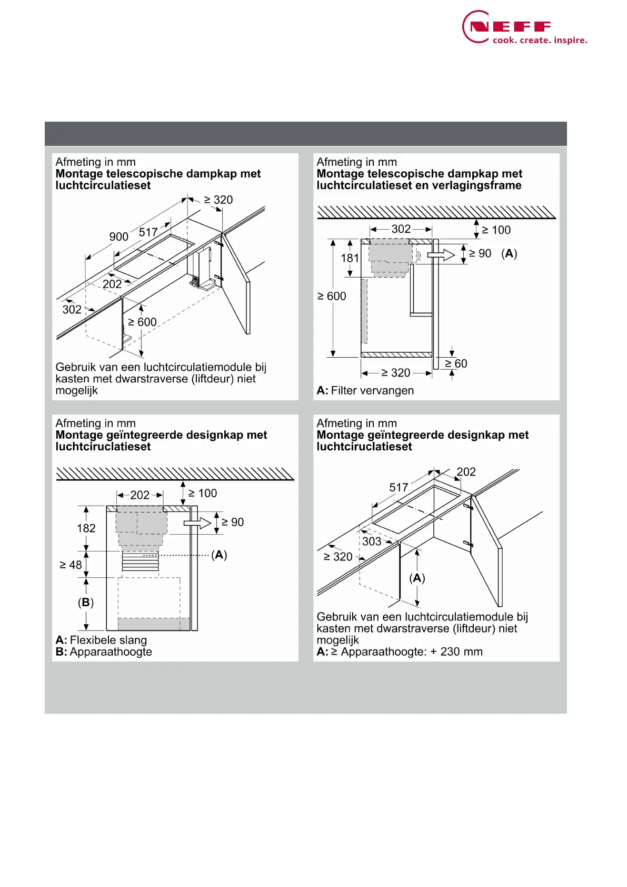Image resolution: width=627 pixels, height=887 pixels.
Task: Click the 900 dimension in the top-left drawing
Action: [x=118, y=237]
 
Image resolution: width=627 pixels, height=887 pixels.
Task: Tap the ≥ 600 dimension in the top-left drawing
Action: [x=142, y=322]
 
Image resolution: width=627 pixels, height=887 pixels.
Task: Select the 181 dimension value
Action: [x=350, y=258]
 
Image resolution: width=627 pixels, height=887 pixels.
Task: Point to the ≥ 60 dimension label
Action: [x=456, y=363]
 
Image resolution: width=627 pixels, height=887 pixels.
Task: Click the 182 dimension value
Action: [x=86, y=528]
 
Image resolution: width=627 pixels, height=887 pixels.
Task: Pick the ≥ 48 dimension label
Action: [x=71, y=565]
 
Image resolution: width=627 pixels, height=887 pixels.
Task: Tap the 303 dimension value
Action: [x=371, y=541]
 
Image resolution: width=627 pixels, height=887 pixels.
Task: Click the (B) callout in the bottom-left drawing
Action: [x=86, y=603]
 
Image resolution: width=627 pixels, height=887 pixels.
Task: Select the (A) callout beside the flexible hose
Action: [x=219, y=555]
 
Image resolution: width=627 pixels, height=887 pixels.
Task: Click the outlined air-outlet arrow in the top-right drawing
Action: [x=441, y=255]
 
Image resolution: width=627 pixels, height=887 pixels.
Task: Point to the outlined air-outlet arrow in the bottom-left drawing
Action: [x=197, y=523]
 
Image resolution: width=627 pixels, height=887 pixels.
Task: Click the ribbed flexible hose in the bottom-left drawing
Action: [x=140, y=561]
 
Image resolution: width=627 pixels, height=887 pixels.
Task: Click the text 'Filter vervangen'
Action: [x=372, y=391]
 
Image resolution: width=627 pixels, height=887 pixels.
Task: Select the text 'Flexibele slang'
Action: [x=108, y=640]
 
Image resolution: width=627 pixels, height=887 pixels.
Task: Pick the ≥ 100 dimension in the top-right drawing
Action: [x=496, y=230]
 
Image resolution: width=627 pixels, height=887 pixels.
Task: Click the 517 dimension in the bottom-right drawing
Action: [x=399, y=488]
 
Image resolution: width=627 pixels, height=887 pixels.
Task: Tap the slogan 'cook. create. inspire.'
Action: [x=540, y=41]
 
